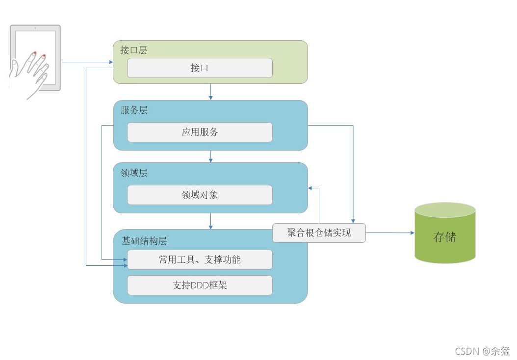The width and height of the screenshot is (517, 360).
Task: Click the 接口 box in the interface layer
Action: [200, 68]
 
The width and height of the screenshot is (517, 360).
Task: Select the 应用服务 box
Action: [200, 132]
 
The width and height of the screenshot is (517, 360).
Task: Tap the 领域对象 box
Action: [200, 195]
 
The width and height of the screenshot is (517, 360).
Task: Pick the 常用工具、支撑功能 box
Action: [200, 260]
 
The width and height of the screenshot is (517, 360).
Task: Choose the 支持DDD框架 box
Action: [200, 285]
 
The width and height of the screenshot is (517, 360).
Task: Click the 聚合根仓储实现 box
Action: [319, 233]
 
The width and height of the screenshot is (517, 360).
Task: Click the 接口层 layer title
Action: [133, 50]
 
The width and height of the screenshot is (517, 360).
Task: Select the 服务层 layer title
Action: [134, 110]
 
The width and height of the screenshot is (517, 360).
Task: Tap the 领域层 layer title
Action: [134, 173]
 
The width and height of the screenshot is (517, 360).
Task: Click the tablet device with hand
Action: [35, 61]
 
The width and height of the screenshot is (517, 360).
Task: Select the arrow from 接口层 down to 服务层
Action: [210, 92]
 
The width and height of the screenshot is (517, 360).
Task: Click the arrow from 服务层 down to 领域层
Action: [210, 156]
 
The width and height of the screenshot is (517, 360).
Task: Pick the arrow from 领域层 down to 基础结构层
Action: [210, 221]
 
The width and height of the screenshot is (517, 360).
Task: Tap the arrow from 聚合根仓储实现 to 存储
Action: [390, 233]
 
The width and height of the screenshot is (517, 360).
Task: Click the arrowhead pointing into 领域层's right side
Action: [311, 188]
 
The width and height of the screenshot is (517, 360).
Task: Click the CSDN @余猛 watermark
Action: [482, 351]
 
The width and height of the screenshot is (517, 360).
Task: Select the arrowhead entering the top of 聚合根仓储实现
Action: [353, 220]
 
